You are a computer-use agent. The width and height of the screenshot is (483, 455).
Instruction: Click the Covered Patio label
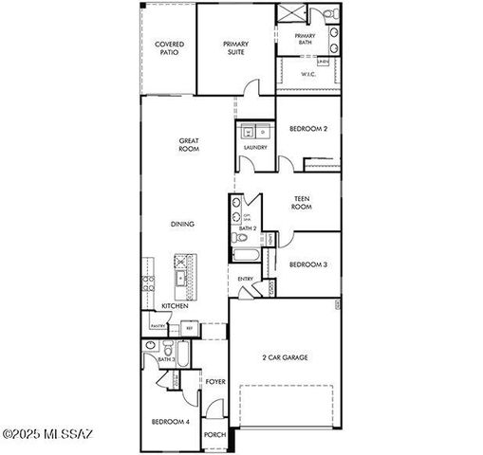point(170,48)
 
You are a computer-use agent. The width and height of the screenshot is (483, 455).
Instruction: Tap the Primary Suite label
point(235,48)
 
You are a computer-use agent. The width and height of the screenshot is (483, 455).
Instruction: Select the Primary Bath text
point(305,39)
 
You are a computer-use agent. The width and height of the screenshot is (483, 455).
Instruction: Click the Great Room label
point(189,145)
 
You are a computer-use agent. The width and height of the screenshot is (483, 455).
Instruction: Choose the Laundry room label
point(255,148)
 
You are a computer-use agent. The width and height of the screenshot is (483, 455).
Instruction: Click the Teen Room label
point(302,202)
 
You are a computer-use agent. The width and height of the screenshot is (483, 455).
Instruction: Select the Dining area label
point(182,224)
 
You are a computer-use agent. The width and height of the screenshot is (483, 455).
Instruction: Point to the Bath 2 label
point(246,229)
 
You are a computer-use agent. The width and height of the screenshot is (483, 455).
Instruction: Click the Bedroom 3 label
point(307,264)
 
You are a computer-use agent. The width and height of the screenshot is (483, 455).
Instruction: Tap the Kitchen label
point(174,306)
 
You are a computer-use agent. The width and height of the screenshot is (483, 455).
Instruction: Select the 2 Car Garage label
point(286,357)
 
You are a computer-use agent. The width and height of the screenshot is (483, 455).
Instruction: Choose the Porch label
point(215,437)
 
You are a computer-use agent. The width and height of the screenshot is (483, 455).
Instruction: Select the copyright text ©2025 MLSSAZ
point(47,435)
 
